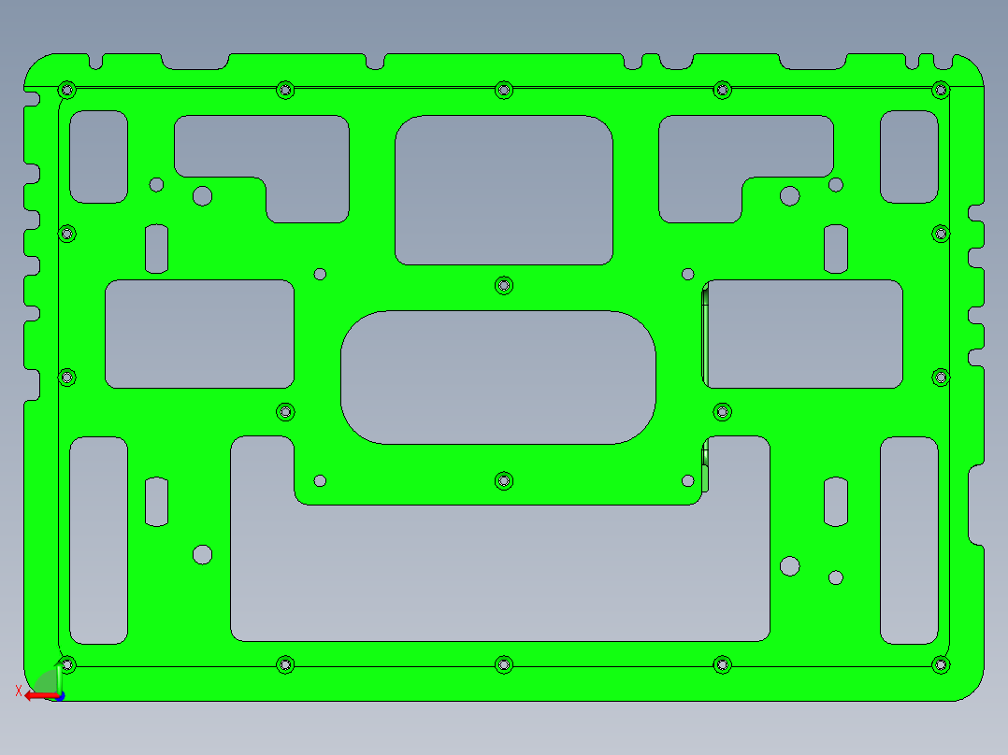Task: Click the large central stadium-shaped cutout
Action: pyautogui.click(x=497, y=377)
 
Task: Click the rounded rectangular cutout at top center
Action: pyautogui.click(x=503, y=190)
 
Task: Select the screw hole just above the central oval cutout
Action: pyautogui.click(x=504, y=284)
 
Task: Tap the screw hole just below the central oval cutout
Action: pyautogui.click(x=504, y=480)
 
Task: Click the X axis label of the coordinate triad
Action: pyautogui.click(x=18, y=691)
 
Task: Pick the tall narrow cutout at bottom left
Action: pyautogui.click(x=98, y=540)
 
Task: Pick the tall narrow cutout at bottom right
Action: pyautogui.click(x=909, y=540)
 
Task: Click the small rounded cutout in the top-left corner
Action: pyautogui.click(x=98, y=156)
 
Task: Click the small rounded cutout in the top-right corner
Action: pyautogui.click(x=909, y=156)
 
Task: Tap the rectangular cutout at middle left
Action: pyautogui.click(x=199, y=334)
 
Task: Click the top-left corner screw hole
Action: pyautogui.click(x=66, y=90)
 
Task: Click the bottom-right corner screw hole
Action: pyautogui.click(x=940, y=664)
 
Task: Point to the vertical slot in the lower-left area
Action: pyautogui.click(x=156, y=502)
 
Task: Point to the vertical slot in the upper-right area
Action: pyautogui.click(x=836, y=249)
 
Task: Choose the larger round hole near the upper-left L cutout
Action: pyautogui.click(x=202, y=196)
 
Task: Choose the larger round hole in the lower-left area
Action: pyautogui.click(x=202, y=554)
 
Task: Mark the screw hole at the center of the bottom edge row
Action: pyautogui.click(x=504, y=664)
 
